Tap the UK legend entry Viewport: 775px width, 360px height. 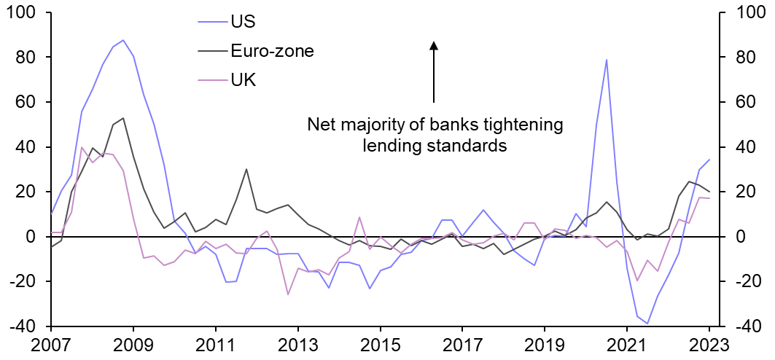pos(243,80)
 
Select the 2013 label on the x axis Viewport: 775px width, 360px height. pos(297,344)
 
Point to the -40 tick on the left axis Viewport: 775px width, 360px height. pos(23,326)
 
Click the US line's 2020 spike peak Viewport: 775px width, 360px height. pos(607,60)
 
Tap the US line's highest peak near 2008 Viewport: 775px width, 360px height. pos(123,40)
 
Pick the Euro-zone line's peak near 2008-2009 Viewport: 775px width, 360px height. pos(123,118)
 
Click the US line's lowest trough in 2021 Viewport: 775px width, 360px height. pos(647,324)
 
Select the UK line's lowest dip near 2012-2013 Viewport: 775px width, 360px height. pos(288,294)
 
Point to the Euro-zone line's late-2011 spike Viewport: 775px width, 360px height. pos(246,169)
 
